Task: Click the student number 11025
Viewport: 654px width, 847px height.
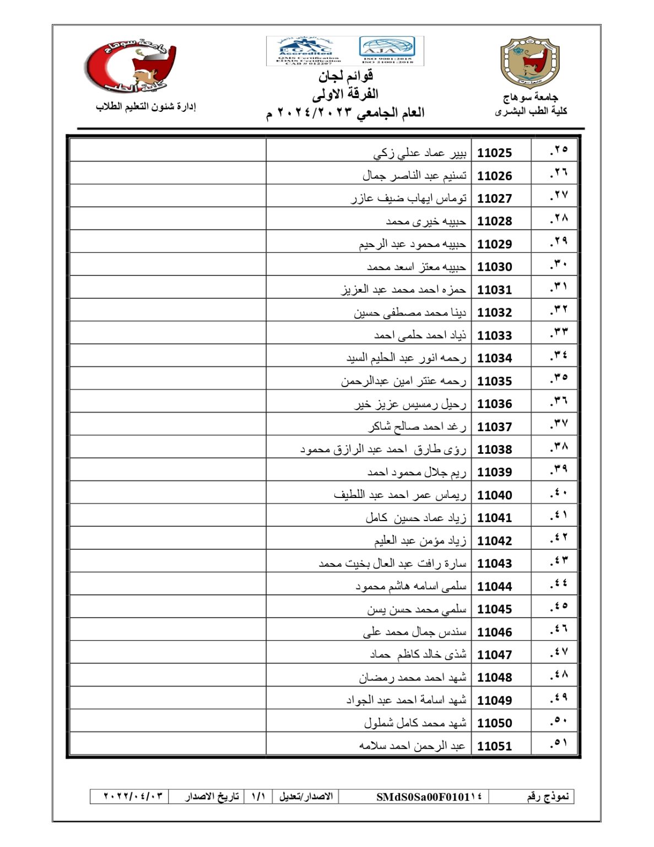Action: (x=494, y=153)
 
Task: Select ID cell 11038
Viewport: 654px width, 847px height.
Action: (x=494, y=449)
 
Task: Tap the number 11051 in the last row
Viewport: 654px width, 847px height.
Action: (x=494, y=746)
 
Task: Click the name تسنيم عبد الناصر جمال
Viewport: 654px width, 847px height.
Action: (x=414, y=175)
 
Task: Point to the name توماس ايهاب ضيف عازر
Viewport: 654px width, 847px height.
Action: (x=409, y=198)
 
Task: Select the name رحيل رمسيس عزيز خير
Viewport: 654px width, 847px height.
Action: (x=410, y=404)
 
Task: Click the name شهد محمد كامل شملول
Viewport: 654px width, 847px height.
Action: (x=415, y=723)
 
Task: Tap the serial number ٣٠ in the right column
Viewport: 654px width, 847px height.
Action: (x=559, y=265)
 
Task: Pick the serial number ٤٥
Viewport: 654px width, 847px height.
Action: (x=559, y=607)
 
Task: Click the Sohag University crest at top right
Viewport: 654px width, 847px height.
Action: (x=530, y=62)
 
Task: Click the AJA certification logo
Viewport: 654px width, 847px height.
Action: (x=387, y=50)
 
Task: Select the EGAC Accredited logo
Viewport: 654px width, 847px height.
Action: (x=305, y=51)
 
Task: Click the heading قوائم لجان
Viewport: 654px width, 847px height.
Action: (x=345, y=76)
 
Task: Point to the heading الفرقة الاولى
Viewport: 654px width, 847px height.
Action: (x=345, y=94)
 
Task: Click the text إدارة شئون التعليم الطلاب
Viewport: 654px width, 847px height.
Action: (x=146, y=106)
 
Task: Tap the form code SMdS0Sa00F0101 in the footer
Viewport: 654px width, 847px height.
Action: (x=429, y=797)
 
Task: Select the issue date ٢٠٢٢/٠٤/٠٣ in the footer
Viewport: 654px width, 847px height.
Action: (x=133, y=796)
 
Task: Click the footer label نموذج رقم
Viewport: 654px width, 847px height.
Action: (x=547, y=797)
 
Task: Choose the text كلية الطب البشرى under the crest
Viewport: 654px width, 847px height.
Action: (x=531, y=111)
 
